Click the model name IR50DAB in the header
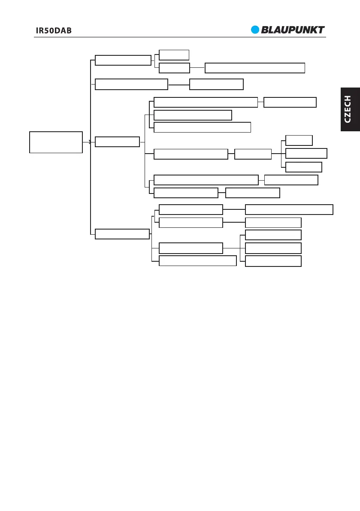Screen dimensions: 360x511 (53, 31)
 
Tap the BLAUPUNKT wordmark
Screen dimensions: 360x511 (293, 30)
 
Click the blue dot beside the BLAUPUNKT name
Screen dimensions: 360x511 (256, 30)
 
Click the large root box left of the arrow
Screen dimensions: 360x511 (56, 142)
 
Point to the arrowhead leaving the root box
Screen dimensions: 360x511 (89, 142)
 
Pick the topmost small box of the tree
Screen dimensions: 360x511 (174, 54)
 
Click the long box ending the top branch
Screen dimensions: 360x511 (255, 68)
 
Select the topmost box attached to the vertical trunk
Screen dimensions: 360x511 (123, 60)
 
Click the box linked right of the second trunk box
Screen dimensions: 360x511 (216, 84)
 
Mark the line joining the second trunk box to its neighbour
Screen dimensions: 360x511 (178, 85)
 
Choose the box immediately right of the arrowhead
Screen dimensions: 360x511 (117, 142)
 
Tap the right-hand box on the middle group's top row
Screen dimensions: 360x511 (290, 102)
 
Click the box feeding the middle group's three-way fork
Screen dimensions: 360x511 (253, 154)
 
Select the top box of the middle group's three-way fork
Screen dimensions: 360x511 (299, 140)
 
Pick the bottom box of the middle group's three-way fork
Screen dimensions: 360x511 (304, 167)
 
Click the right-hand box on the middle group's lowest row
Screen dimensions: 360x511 (253, 193)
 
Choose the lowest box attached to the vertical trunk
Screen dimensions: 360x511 (122, 234)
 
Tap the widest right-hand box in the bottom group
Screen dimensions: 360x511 (289, 209)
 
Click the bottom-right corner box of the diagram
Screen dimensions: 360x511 (273, 261)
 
